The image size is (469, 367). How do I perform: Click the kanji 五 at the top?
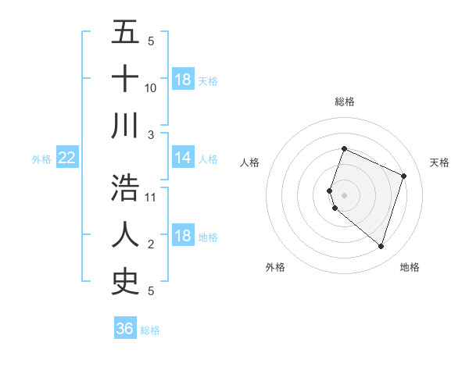[x=125, y=33]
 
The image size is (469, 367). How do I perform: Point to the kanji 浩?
[x=125, y=187]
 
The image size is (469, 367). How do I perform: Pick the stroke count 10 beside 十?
[x=151, y=87]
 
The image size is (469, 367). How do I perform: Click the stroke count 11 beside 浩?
[x=151, y=197]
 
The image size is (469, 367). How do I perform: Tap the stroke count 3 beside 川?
[x=151, y=134]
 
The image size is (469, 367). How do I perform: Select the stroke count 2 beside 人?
[x=151, y=244]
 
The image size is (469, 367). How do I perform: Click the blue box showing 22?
[x=67, y=158]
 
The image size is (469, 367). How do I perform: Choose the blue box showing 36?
[x=125, y=329]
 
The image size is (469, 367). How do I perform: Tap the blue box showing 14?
[x=183, y=158]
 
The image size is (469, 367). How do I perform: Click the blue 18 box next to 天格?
[x=183, y=80]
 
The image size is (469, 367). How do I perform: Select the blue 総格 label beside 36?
[x=150, y=330]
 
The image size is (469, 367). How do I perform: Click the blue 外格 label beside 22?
[x=41, y=159]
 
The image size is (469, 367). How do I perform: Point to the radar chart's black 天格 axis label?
[x=440, y=162]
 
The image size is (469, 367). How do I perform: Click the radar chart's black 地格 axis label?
[x=410, y=267]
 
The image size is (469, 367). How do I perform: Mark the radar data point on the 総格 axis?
[x=344, y=149]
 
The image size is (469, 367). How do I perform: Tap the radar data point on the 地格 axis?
[x=381, y=246]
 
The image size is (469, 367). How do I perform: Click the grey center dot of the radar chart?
[x=344, y=194]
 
